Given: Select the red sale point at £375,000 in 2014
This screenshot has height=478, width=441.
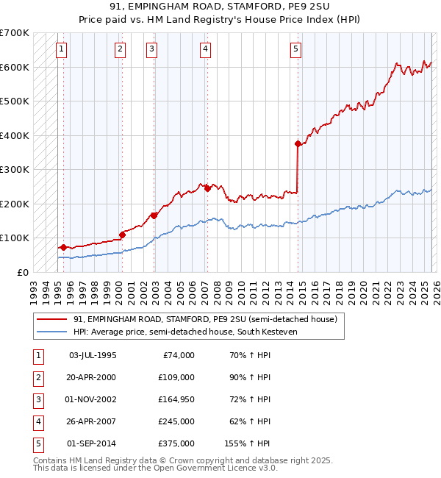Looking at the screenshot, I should point(298,144).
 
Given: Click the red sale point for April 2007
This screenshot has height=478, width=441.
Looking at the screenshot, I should point(207,188).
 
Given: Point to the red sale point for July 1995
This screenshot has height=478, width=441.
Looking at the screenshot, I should point(63,247).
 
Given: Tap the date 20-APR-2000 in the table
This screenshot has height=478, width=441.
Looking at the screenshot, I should point(92,377).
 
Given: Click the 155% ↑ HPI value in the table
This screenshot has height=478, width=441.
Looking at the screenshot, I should point(247,443).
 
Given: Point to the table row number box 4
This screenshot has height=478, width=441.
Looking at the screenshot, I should point(37,421).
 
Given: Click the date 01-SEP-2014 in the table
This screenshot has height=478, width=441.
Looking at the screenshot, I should point(92,443).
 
